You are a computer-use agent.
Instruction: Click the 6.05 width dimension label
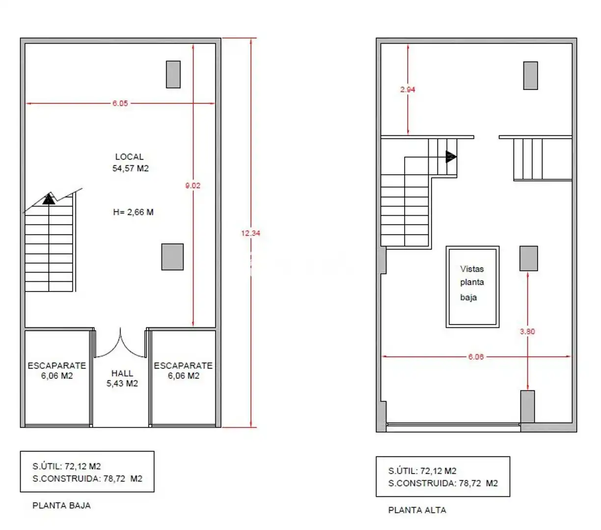(x=120, y=103)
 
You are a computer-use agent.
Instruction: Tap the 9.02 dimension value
(x=192, y=185)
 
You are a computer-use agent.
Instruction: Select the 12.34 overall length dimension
(x=250, y=233)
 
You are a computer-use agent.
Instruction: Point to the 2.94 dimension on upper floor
(x=407, y=89)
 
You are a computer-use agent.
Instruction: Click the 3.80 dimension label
(x=527, y=331)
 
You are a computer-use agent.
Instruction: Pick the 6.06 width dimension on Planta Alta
(x=475, y=356)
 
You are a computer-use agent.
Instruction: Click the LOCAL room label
(x=129, y=157)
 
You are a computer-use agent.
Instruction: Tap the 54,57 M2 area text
(x=130, y=168)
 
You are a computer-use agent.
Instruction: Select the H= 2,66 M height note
(x=133, y=212)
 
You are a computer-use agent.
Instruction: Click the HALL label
(x=122, y=373)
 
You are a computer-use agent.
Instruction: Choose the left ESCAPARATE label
(x=56, y=366)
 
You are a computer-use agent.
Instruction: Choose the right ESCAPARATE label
(x=183, y=366)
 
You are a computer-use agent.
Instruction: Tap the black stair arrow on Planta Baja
(x=49, y=199)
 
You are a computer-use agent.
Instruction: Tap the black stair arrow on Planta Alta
(x=451, y=157)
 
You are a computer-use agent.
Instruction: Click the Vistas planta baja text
(x=472, y=283)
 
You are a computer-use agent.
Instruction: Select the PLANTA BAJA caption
(x=61, y=505)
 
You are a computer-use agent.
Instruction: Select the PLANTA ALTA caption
(x=417, y=510)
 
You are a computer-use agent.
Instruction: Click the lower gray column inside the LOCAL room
(x=172, y=257)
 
